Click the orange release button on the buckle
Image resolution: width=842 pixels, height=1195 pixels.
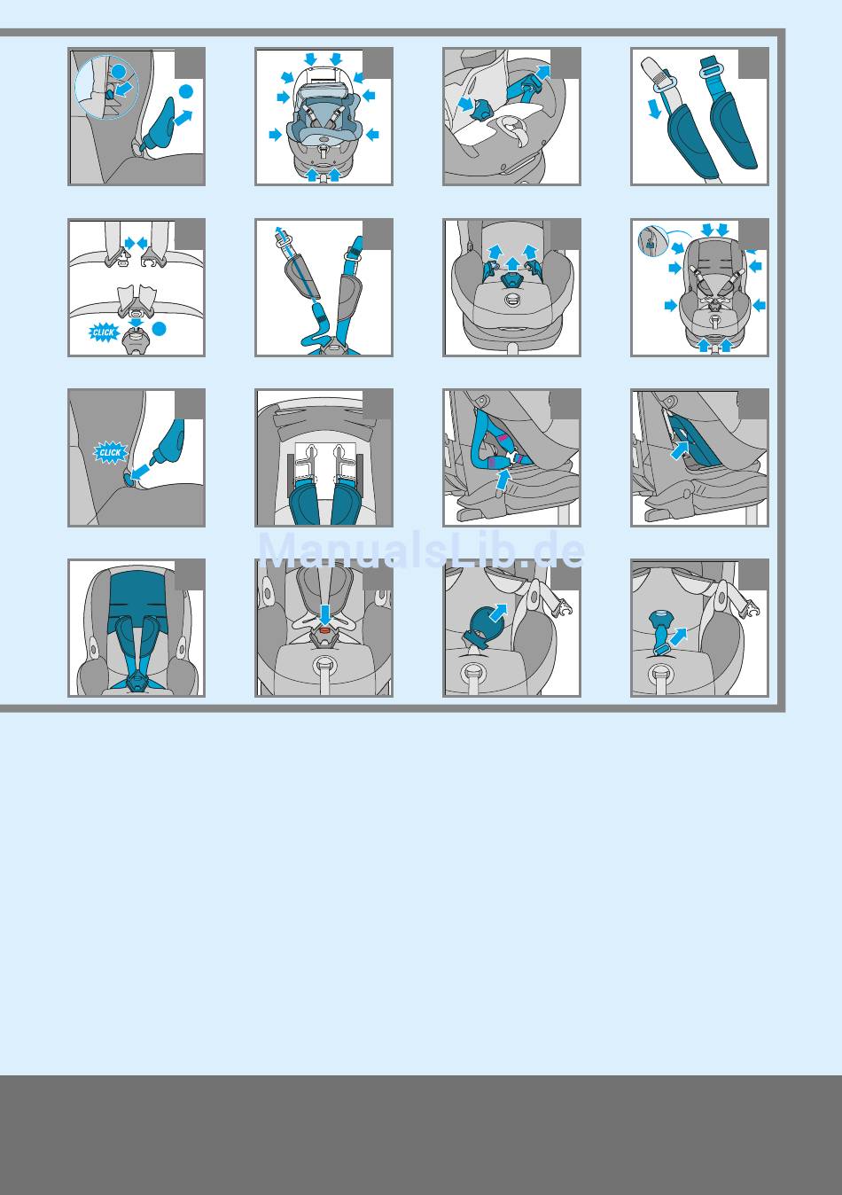[x=324, y=630]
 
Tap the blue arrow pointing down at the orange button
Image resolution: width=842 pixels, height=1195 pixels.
[x=325, y=614]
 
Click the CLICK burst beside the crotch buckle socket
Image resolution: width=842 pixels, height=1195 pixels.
[x=104, y=332]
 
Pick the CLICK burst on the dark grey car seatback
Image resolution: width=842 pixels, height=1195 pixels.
[x=111, y=452]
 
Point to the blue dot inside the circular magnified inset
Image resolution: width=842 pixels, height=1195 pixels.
[x=119, y=71]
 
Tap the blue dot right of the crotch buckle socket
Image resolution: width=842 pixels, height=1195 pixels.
[x=159, y=329]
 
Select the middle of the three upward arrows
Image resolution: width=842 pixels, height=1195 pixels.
[x=512, y=262]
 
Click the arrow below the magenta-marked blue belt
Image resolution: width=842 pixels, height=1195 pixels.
[x=501, y=479]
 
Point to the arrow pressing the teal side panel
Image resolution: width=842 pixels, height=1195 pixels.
[x=678, y=449]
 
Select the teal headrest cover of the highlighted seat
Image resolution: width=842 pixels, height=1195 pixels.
[x=137, y=591]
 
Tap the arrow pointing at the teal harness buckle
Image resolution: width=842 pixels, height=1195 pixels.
[x=465, y=104]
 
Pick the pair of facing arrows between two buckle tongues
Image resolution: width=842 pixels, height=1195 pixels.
[x=136, y=244]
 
